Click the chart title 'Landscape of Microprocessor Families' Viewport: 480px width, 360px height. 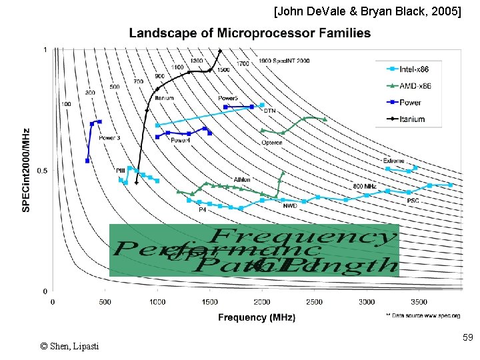point(250,33)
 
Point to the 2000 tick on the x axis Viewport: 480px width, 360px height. point(262,302)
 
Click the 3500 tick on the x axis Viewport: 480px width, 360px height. point(419,302)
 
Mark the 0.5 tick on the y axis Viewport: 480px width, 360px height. point(42,171)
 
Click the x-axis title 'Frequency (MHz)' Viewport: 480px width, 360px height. point(257,317)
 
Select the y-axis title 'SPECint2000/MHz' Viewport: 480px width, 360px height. point(27,170)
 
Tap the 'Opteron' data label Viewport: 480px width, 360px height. point(271,143)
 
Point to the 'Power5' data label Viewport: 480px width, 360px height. point(229,99)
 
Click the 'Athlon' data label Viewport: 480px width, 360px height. point(242,179)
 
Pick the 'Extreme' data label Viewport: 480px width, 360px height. point(393,161)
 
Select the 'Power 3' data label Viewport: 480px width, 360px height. point(109,138)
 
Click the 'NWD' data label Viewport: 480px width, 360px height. point(290,206)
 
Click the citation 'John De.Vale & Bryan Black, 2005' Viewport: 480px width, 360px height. point(367,11)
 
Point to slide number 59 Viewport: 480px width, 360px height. point(467,339)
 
